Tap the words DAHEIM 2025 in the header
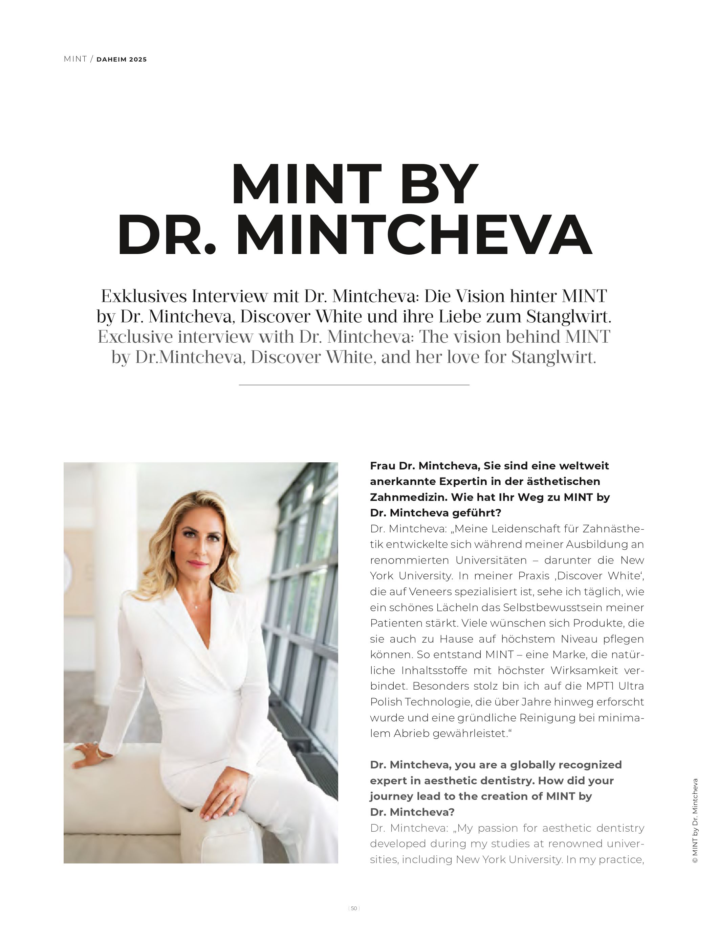[122, 60]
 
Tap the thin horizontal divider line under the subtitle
[354, 385]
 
